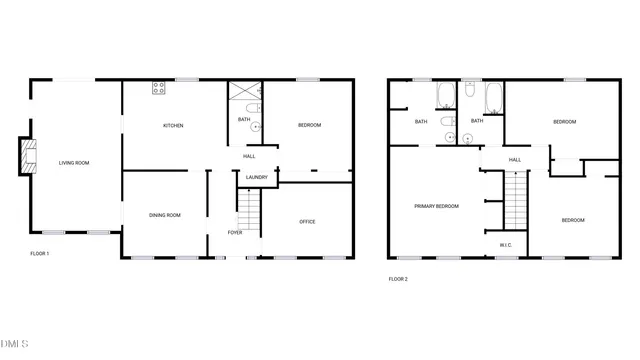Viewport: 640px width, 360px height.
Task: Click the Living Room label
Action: [75, 163]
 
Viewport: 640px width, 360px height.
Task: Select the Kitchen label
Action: [174, 125]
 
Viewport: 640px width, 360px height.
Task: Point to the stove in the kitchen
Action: [158, 89]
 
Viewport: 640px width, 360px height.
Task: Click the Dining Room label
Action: [164, 215]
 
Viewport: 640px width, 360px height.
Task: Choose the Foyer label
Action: [235, 232]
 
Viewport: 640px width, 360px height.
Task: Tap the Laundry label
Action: [255, 178]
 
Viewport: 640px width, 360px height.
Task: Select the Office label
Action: [307, 222]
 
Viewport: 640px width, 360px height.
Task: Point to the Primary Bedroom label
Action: [436, 206]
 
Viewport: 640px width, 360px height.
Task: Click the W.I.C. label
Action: [505, 244]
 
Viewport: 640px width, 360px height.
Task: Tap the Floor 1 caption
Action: [40, 254]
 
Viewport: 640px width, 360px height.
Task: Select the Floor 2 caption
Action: [398, 279]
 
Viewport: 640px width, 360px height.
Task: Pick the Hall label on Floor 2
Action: [515, 160]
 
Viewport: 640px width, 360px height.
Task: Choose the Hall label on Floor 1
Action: [250, 156]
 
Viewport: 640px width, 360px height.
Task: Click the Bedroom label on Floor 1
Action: [309, 125]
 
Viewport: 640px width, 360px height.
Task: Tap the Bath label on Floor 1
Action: [244, 120]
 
